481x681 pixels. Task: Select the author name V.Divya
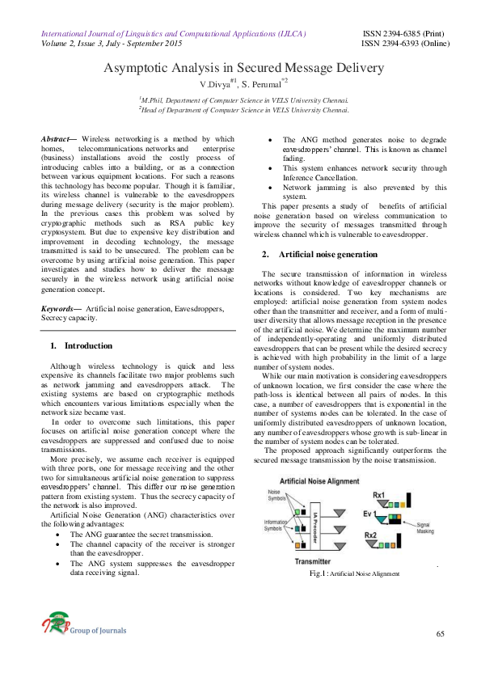[215, 83]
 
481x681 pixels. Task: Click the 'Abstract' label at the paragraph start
[57, 139]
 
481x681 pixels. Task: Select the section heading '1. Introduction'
[81, 345]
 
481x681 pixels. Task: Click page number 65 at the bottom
[441, 632]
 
